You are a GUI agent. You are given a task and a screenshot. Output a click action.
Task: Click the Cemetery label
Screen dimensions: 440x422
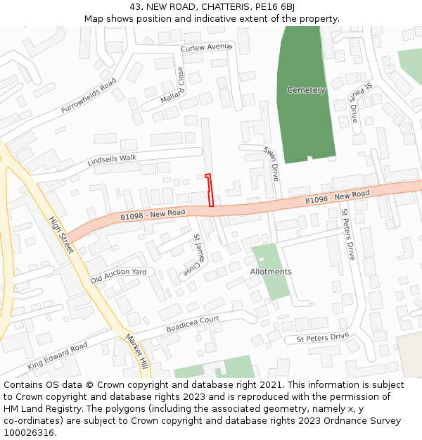[306, 90]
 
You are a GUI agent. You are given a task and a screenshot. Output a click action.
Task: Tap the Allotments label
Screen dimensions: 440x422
[271, 272]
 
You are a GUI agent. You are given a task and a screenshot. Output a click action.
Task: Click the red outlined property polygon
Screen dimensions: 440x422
[210, 190]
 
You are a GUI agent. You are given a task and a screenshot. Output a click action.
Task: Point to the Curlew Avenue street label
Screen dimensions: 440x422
[206, 47]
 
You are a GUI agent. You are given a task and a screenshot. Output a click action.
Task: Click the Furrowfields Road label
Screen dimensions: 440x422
[88, 96]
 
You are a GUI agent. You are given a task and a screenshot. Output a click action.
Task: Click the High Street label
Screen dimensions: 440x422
[61, 234]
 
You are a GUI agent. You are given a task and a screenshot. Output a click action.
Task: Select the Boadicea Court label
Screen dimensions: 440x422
[193, 325]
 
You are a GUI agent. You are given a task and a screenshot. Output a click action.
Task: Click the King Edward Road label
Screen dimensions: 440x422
[58, 356]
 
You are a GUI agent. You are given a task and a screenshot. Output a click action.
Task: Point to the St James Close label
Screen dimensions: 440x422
[193, 253]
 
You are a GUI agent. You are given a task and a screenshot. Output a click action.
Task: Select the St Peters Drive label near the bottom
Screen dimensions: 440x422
[322, 338]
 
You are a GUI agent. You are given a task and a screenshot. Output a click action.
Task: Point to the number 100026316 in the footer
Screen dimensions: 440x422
[27, 432]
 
